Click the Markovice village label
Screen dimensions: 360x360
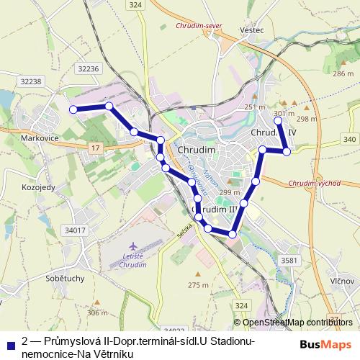[x=30, y=137]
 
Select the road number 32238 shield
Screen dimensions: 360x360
[x=32, y=81]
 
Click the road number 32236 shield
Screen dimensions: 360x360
[x=86, y=68]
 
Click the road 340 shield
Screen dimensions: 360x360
[x=349, y=139]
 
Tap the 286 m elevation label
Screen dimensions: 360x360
[x=343, y=73]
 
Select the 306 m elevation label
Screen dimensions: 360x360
[x=97, y=312]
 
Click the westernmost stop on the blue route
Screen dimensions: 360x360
[x=72, y=109]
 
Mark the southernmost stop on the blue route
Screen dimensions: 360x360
[x=232, y=234]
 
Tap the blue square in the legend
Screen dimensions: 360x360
[x=9, y=344]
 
